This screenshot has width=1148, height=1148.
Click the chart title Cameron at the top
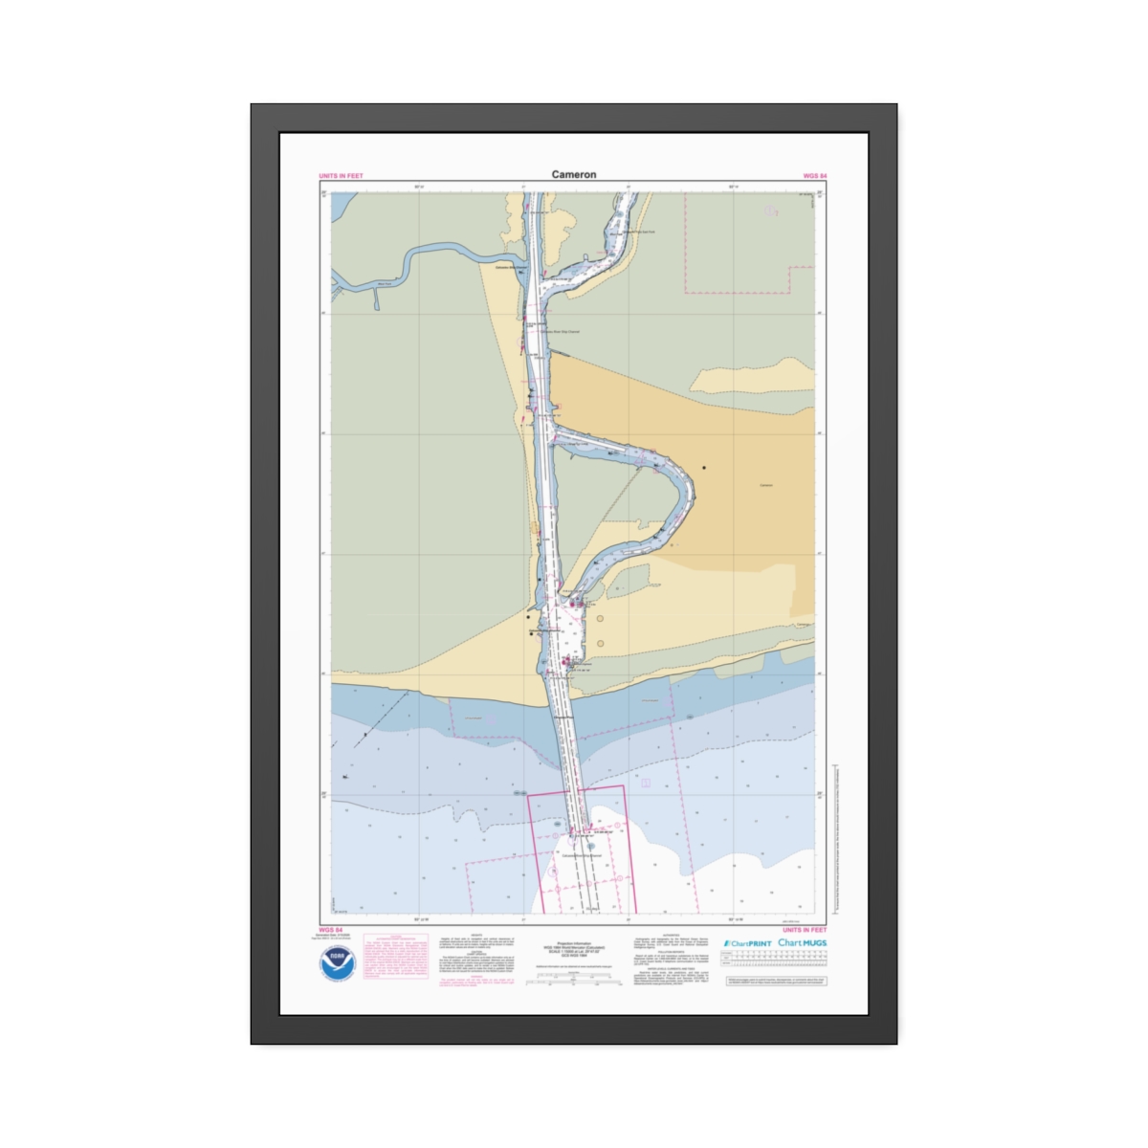(x=573, y=174)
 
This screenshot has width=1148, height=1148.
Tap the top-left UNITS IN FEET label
(x=341, y=176)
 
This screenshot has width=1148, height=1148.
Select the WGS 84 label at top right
(x=814, y=176)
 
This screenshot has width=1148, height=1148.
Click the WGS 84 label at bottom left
(x=330, y=929)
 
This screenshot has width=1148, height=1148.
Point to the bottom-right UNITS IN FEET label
(x=805, y=929)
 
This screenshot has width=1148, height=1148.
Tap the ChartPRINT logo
(x=747, y=943)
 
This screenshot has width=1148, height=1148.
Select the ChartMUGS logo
(x=802, y=943)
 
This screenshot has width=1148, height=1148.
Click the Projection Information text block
(x=574, y=949)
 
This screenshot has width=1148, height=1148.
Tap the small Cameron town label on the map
(x=765, y=485)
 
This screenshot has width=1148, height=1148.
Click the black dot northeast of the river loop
(x=704, y=468)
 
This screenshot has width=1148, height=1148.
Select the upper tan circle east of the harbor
(x=601, y=619)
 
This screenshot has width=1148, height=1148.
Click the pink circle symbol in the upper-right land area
(x=771, y=211)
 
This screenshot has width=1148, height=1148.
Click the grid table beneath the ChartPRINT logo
(x=774, y=960)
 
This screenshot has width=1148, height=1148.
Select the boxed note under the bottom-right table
(x=776, y=981)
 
